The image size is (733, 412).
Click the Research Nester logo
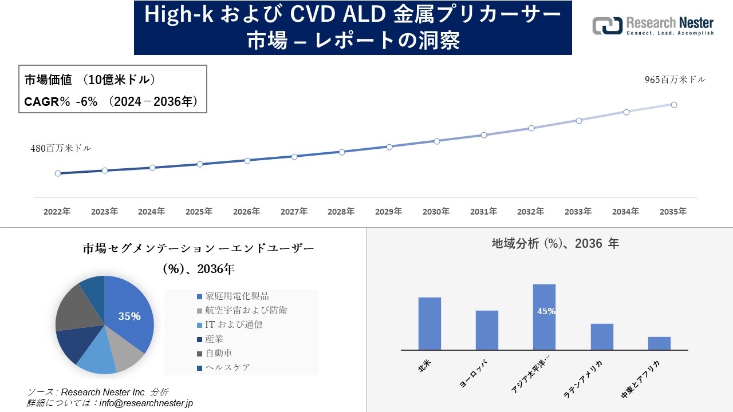point(653,26)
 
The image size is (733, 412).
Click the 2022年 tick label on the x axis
point(57,212)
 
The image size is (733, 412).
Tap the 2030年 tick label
point(436,212)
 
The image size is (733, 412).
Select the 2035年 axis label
point(673,212)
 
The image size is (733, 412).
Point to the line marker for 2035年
point(674,105)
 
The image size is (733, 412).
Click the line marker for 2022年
point(58,173)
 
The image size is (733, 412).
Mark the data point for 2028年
point(342,152)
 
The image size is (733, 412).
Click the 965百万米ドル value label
point(675,80)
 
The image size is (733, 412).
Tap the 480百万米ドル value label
point(61,148)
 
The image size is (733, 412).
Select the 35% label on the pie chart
point(129,316)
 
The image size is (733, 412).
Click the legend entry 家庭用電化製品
point(237,296)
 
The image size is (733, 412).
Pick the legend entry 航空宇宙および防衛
point(246,311)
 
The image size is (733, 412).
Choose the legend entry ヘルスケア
point(227,367)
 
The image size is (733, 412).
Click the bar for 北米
point(429,323)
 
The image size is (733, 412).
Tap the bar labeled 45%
point(544,317)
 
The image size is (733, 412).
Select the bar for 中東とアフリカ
point(659,343)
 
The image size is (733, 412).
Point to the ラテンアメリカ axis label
point(584,379)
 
